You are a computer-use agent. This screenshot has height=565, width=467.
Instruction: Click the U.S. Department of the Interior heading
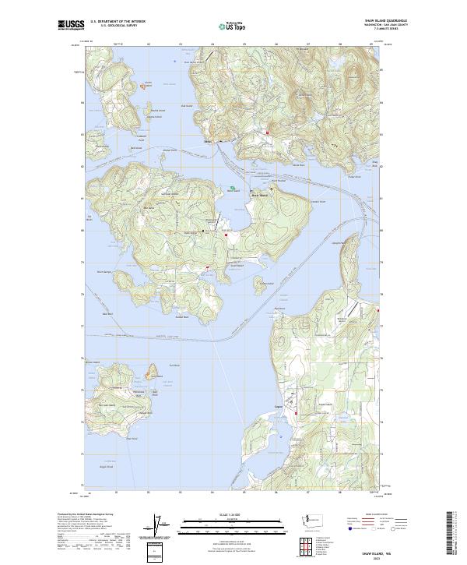118,22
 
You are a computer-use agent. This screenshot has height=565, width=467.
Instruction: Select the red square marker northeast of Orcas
268,132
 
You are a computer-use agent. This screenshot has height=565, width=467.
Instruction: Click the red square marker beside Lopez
294,411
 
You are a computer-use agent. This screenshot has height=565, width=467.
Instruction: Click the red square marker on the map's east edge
379,311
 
